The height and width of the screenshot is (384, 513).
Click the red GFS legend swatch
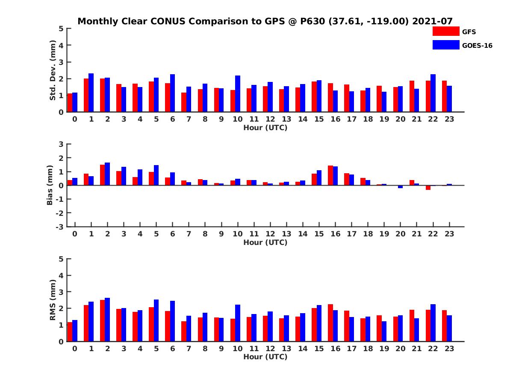click(x=445, y=31)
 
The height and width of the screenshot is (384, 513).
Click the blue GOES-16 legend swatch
click(x=445, y=45)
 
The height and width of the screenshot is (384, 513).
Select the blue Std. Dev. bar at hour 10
click(x=238, y=94)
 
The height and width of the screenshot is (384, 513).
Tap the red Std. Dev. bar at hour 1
click(x=86, y=95)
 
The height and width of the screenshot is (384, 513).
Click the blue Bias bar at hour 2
click(x=107, y=174)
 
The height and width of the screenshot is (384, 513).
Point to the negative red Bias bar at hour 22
click(x=428, y=187)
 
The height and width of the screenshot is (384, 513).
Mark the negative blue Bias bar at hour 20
click(x=401, y=186)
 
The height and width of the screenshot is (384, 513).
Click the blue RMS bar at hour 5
click(x=156, y=320)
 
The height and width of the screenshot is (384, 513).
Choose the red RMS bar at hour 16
click(x=330, y=323)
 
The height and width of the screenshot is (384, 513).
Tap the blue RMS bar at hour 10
click(x=238, y=323)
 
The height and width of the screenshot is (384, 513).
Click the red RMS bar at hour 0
click(x=70, y=332)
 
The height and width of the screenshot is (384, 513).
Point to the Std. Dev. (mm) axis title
click(x=53, y=70)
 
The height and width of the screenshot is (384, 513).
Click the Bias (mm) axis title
click(x=50, y=185)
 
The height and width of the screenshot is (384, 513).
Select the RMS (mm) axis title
click(x=53, y=300)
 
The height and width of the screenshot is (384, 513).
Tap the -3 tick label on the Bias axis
click(x=59, y=227)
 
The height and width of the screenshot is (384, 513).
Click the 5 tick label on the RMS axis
click(x=61, y=259)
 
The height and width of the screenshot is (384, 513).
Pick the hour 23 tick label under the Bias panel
click(x=449, y=234)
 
